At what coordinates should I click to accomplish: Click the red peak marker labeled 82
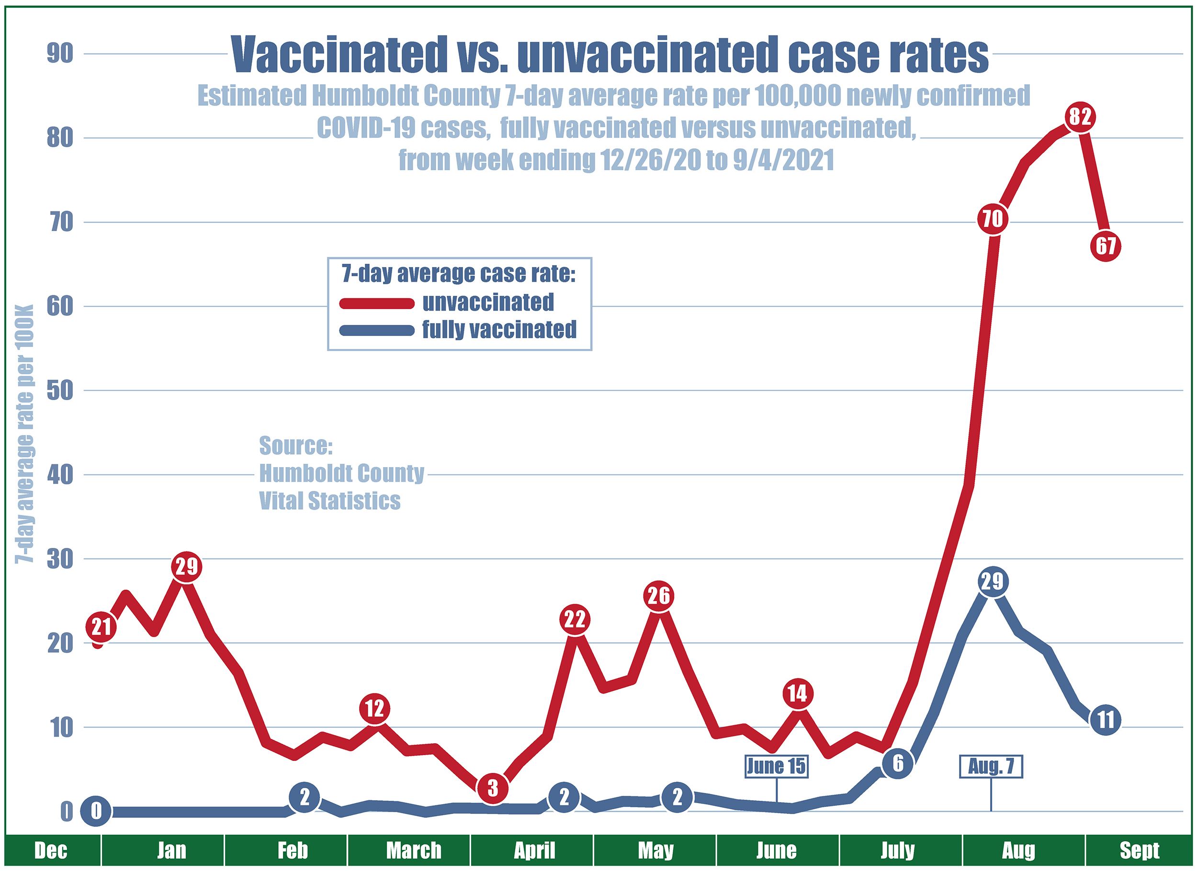(x=1079, y=116)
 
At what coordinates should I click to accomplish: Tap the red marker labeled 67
(x=1106, y=246)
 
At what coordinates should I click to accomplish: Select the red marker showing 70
(x=993, y=218)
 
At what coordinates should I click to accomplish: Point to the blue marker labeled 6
(x=898, y=763)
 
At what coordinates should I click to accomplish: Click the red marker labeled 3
(x=492, y=788)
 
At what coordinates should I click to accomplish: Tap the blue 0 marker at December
(x=96, y=811)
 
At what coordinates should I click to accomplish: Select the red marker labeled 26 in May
(x=659, y=596)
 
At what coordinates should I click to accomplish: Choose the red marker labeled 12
(x=375, y=708)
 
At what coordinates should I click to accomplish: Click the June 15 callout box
(x=776, y=766)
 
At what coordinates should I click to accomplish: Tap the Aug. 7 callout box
(x=991, y=767)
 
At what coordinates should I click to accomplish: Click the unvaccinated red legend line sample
(x=376, y=303)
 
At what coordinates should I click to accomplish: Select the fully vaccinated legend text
(x=499, y=330)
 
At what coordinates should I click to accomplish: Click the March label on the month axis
(x=413, y=850)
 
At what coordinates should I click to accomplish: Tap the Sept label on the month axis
(x=1140, y=850)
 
